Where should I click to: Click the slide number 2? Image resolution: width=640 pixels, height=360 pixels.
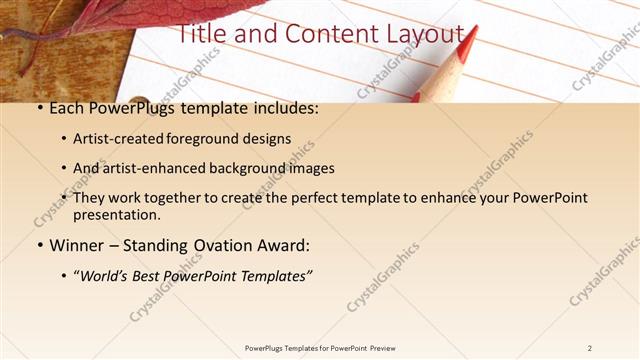pyautogui.click(x=590, y=347)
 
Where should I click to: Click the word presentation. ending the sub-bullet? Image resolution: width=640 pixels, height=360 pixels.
pyautogui.click(x=116, y=214)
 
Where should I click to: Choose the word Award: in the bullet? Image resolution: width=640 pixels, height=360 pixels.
pyautogui.click(x=284, y=244)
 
